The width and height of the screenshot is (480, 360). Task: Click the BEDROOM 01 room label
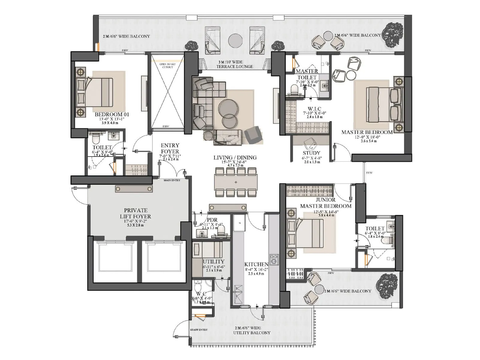click(x=112, y=114)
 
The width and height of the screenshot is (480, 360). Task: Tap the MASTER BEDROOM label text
click(x=367, y=132)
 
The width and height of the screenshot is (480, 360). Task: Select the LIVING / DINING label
click(x=235, y=157)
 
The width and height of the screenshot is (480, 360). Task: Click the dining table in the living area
click(x=236, y=182)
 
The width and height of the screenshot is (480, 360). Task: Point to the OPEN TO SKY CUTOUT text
click(x=167, y=65)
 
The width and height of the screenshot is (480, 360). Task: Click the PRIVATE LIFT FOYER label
click(x=136, y=213)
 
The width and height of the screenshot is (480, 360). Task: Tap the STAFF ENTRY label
click(x=199, y=330)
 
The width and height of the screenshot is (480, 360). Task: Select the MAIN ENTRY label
click(x=172, y=180)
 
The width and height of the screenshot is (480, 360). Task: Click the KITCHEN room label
click(x=256, y=264)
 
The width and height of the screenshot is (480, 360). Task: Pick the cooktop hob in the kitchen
click(x=274, y=259)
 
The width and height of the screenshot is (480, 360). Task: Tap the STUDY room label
click(x=311, y=153)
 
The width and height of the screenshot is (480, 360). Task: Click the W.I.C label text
click(x=314, y=109)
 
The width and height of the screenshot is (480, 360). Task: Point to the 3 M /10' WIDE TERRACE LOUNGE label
click(x=235, y=64)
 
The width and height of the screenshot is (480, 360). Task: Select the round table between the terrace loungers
click(x=235, y=40)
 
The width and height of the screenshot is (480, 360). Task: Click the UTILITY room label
click(x=214, y=262)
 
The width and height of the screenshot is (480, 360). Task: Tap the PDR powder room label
click(x=212, y=220)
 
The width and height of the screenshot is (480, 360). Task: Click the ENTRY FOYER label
click(x=170, y=148)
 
